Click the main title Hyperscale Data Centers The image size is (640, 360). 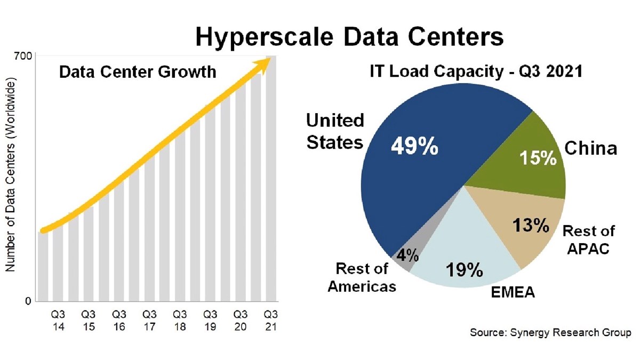click(349, 38)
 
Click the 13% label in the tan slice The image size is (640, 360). click(531, 226)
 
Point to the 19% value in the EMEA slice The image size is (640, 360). click(465, 270)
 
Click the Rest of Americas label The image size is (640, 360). click(362, 277)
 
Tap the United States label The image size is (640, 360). click(335, 131)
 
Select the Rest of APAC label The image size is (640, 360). click(588, 239)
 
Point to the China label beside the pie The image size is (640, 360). click(591, 148)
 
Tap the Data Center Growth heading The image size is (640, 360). click(138, 72)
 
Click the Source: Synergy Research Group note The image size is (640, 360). click(550, 333)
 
